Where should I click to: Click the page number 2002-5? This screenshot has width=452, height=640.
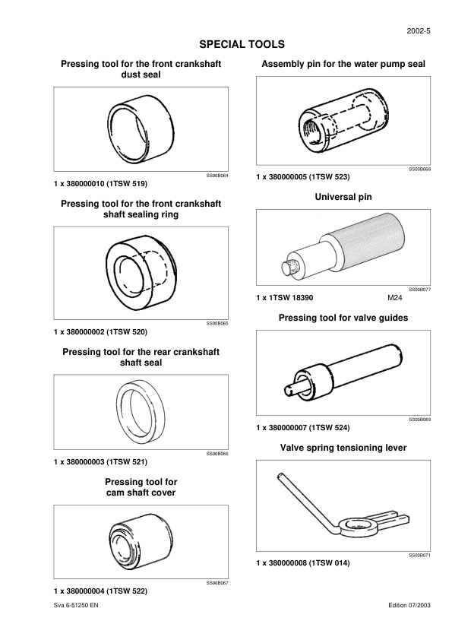[x=419, y=31]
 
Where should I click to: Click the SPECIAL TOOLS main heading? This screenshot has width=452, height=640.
[x=242, y=45]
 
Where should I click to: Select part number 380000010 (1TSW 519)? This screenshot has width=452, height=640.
[x=100, y=184]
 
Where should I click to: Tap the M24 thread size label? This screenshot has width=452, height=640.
[x=394, y=298]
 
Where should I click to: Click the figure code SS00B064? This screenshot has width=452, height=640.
[x=217, y=176]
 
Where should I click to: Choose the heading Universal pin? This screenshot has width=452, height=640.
[x=343, y=197]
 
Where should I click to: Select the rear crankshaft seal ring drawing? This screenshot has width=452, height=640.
[x=141, y=412]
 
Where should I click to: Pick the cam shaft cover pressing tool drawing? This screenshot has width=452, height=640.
[x=141, y=542]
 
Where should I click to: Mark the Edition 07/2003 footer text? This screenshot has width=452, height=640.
[x=409, y=605]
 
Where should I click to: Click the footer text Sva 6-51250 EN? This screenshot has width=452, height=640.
[x=76, y=605]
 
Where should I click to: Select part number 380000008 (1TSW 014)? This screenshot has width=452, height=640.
[x=302, y=563]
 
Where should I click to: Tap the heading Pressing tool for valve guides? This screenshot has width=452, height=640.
[x=343, y=318]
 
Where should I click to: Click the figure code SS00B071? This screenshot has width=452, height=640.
[x=420, y=555]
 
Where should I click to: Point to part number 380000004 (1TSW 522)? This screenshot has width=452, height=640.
[x=100, y=591]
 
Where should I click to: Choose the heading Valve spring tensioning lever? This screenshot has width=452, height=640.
[x=343, y=448]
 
